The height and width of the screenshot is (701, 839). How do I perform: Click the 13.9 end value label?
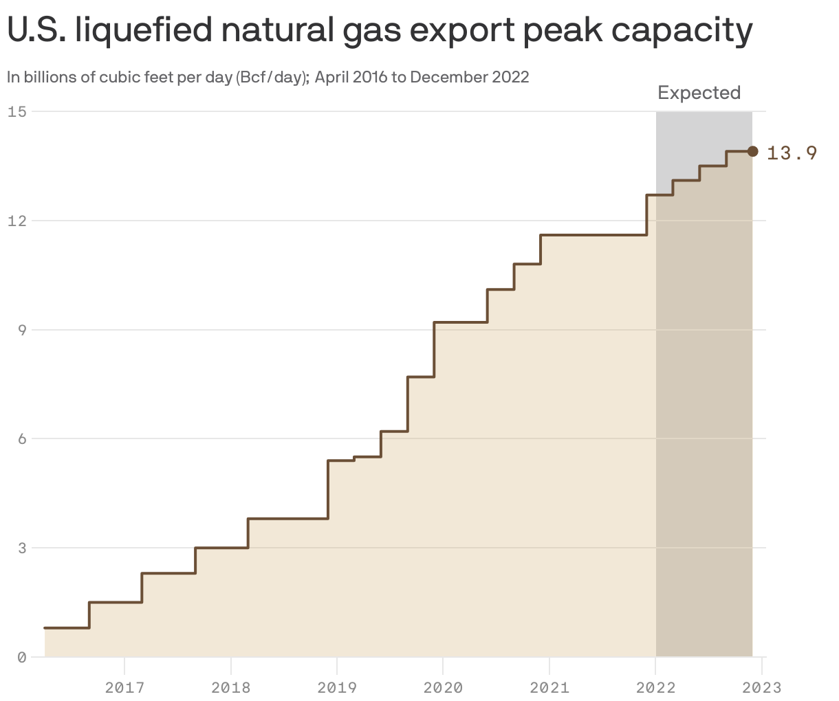coord(792,153)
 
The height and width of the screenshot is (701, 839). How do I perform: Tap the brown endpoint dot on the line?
coord(752,151)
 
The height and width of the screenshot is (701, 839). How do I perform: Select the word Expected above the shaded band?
coord(699,93)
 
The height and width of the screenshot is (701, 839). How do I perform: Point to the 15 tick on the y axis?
coord(17,111)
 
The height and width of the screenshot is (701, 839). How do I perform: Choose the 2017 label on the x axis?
coord(124,687)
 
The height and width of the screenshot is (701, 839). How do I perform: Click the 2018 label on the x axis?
coord(231,687)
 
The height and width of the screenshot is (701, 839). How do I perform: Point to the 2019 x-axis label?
coord(337,687)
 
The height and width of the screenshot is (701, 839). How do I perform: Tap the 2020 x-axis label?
coord(443,687)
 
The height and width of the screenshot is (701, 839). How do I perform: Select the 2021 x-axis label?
coord(549,687)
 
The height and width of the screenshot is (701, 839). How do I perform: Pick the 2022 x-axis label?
coord(656,687)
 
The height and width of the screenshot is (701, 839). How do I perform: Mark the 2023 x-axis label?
coord(762,687)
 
